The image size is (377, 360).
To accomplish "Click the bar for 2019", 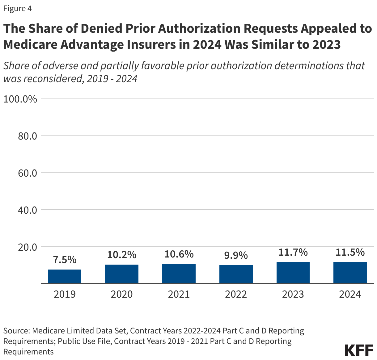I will [x=65, y=276].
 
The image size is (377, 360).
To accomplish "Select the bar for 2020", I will [x=122, y=274].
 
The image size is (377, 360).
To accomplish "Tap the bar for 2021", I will [x=179, y=274].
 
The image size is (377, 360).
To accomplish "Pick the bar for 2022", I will [x=236, y=274].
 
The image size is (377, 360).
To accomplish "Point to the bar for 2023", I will [x=293, y=273].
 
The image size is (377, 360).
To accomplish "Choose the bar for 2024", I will [x=350, y=273].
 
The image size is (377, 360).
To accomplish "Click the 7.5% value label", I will [x=65, y=260].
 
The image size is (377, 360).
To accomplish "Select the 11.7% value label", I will [x=293, y=252].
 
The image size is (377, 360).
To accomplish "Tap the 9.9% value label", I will [x=236, y=255].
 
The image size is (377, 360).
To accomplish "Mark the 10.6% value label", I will [x=179, y=254].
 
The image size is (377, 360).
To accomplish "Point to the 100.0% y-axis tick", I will [x=20, y=99].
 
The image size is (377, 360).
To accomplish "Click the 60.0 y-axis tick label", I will [x=28, y=173].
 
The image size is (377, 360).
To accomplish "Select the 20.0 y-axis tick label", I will [x=28, y=247].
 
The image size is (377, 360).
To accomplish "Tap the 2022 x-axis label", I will [x=236, y=294].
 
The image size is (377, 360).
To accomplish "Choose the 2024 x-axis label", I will [x=350, y=294].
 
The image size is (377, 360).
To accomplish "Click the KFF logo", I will [x=359, y=350].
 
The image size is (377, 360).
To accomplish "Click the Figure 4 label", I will [x=17, y=8].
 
